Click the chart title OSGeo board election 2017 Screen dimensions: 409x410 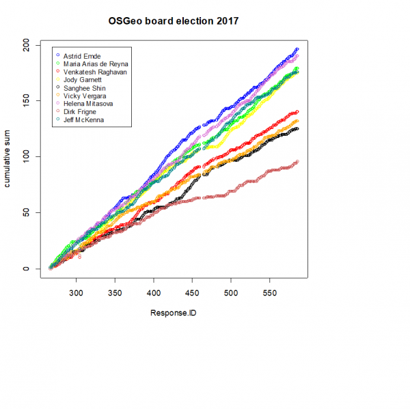coord(174,20)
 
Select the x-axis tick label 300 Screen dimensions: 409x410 coord(76,293)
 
